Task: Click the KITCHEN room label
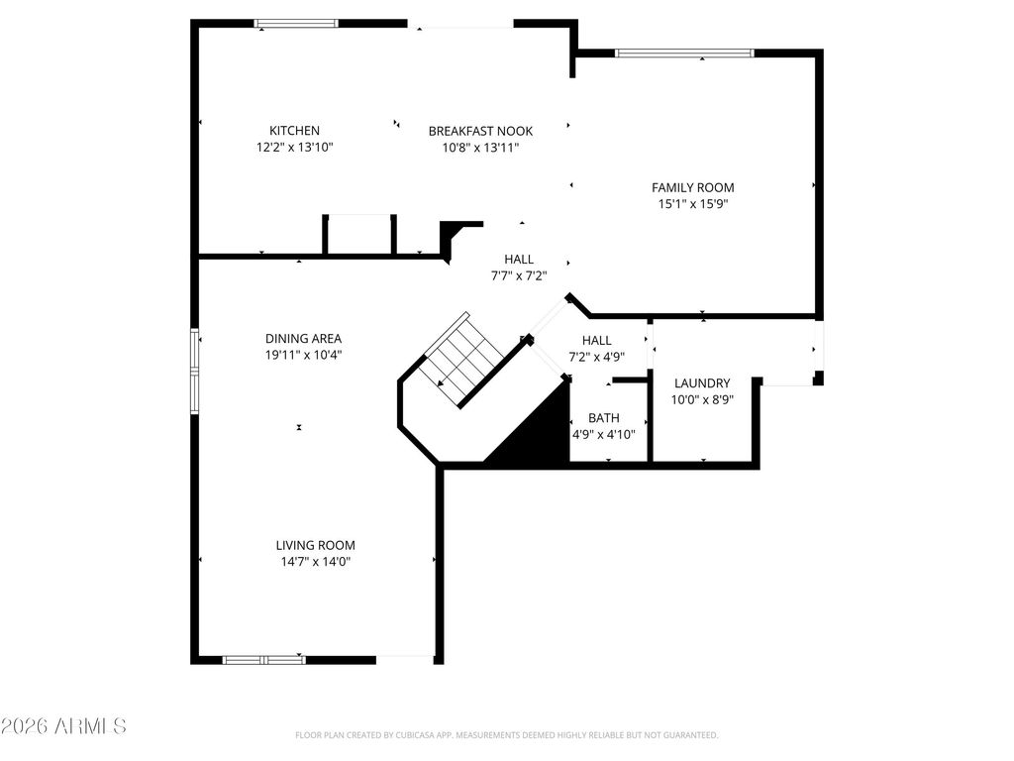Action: [294, 131]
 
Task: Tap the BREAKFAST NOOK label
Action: [480, 131]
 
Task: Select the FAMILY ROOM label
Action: [692, 187]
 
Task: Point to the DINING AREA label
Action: [303, 338]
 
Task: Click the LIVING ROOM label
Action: [315, 545]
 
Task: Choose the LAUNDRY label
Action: [702, 383]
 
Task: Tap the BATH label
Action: [603, 418]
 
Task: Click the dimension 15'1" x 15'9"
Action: [692, 204]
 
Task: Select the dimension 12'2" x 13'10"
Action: [294, 148]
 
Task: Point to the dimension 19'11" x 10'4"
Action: [303, 355]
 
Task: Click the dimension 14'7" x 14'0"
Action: [315, 562]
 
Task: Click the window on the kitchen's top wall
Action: [297, 24]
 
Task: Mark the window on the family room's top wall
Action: [684, 54]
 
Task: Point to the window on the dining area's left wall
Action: [195, 372]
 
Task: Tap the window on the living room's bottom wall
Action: [263, 659]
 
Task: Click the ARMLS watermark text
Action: [63, 726]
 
